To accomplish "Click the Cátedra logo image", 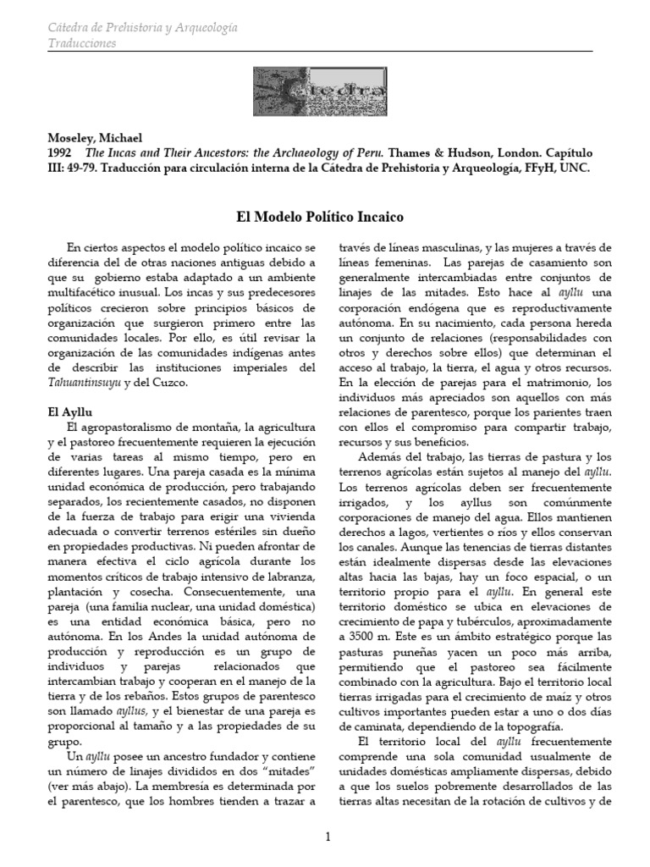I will tap(326, 91).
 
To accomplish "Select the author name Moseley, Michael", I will tap(93, 137).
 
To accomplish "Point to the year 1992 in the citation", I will tap(60, 152).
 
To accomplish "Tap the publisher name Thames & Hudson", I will tap(465, 152).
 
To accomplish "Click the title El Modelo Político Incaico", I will tap(325, 218).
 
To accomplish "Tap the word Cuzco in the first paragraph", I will tap(173, 383).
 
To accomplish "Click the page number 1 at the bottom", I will tap(326, 837).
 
